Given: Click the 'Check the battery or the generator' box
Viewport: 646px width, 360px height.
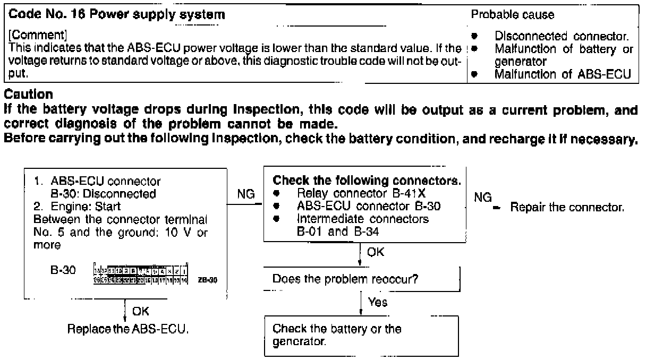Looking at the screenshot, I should (361, 336).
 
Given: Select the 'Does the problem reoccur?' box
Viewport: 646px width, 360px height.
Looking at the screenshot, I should (361, 278).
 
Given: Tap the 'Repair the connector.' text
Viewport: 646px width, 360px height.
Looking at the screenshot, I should (567, 207).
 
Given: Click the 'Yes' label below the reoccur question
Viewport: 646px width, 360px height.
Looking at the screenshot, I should (379, 303).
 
